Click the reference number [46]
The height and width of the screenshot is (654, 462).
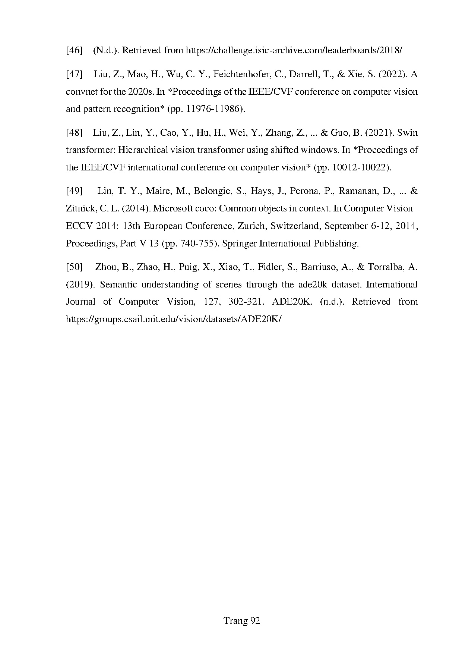[x=74, y=50]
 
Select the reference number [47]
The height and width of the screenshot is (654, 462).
[x=74, y=74]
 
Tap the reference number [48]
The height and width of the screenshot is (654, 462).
[x=74, y=133]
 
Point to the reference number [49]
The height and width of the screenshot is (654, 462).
[x=74, y=191]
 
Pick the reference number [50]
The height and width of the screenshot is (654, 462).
[x=74, y=267]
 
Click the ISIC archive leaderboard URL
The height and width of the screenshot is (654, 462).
[x=294, y=50]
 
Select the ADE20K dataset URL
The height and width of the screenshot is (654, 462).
[x=173, y=319]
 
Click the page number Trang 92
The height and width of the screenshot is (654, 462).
[x=241, y=621]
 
